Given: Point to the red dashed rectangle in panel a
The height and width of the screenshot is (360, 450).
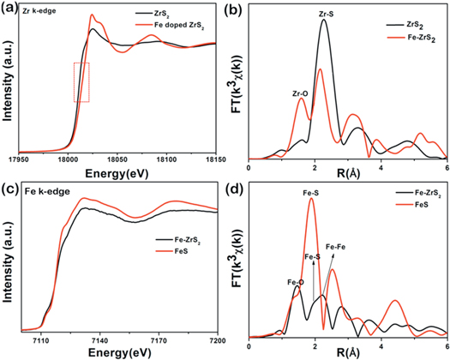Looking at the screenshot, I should coord(81,82).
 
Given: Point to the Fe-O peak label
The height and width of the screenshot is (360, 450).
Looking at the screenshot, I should coord(294,279).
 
